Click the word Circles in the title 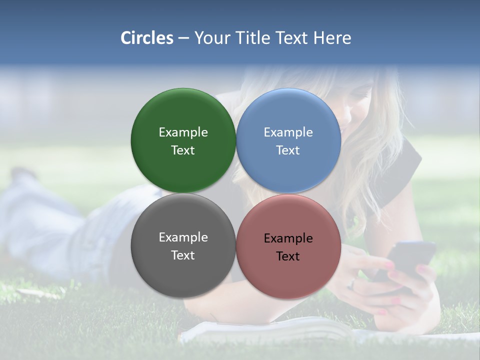146,38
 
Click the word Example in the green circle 183,132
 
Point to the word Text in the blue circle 288,150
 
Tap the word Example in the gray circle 183,237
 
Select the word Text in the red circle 288,256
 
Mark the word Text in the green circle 183,150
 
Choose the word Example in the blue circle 288,132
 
